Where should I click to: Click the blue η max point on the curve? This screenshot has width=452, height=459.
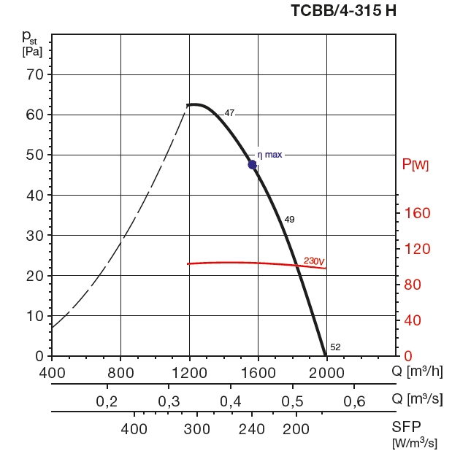pyautogui.click(x=253, y=165)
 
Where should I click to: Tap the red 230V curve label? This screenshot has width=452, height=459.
pyautogui.click(x=314, y=261)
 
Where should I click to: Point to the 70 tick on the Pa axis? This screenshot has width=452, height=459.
pyautogui.click(x=35, y=74)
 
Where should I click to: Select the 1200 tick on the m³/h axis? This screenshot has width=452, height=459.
pyautogui.click(x=189, y=371)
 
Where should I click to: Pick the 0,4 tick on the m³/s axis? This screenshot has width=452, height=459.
pyautogui.click(x=231, y=401)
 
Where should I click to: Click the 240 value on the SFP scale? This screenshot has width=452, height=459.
pyautogui.click(x=252, y=429)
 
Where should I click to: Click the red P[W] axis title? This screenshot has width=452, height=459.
pyautogui.click(x=415, y=165)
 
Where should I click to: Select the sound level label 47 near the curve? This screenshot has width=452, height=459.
pyautogui.click(x=229, y=113)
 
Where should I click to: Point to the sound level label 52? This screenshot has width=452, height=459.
pyautogui.click(x=335, y=347)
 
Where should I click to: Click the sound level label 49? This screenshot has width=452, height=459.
pyautogui.click(x=289, y=220)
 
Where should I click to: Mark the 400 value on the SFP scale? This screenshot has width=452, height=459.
pyautogui.click(x=134, y=429)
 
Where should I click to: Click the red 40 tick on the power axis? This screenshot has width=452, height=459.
pyautogui.click(x=414, y=320)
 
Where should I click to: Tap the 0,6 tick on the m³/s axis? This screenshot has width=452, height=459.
pyautogui.click(x=355, y=401)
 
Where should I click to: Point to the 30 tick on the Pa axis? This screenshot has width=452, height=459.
pyautogui.click(x=35, y=235)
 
